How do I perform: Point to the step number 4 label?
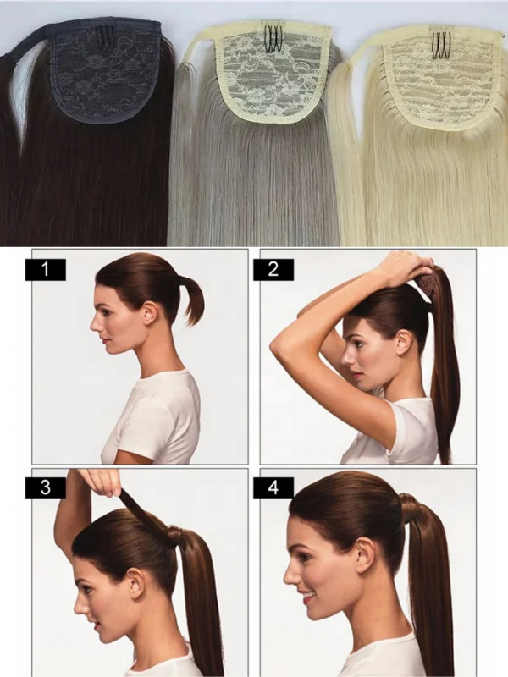(273, 487)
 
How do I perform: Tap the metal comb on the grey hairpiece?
(274, 39)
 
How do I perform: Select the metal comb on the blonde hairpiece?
(440, 42)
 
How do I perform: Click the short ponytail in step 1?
(192, 300)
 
